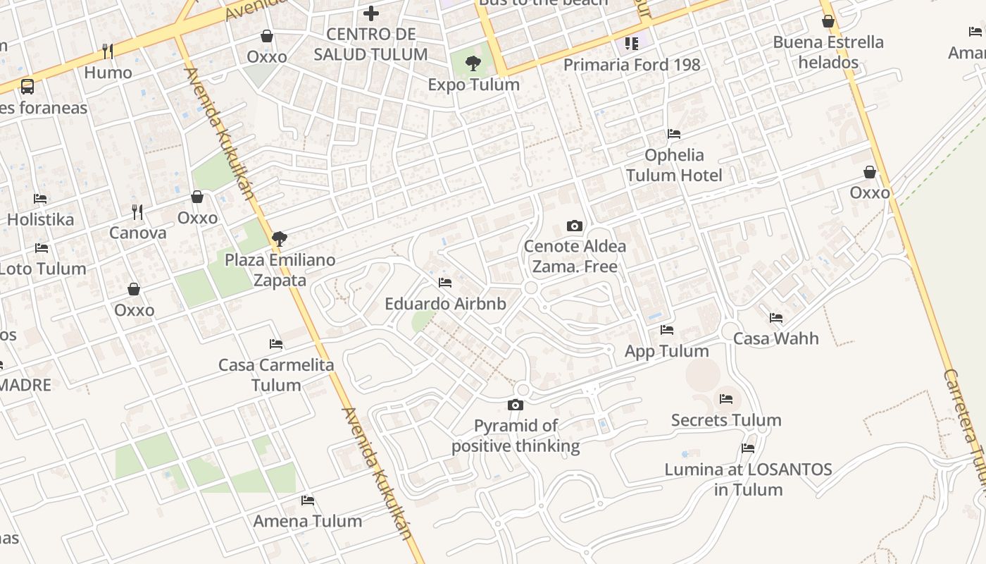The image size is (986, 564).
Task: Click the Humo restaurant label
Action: (x=108, y=73)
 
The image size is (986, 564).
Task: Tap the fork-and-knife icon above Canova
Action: (x=137, y=211)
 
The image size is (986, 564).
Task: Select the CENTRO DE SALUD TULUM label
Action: (x=370, y=44)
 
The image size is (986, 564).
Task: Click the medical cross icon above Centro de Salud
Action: (x=371, y=13)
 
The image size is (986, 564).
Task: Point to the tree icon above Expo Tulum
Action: (x=473, y=64)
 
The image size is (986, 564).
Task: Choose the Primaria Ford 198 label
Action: (x=632, y=65)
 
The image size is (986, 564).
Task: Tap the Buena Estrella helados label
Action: (x=828, y=52)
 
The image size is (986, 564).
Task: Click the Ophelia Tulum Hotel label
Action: (x=674, y=165)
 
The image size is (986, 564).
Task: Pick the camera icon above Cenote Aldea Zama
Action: (x=575, y=226)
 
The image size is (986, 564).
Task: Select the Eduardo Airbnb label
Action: (x=445, y=304)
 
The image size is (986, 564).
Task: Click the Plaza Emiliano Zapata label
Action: (x=280, y=270)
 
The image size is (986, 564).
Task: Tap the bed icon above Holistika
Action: (x=40, y=199)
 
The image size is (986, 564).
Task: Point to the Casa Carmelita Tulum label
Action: (x=276, y=375)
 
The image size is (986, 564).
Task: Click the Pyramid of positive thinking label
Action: (x=516, y=436)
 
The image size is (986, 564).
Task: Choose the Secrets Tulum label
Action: (x=726, y=420)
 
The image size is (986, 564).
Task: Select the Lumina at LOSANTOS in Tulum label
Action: (x=748, y=479)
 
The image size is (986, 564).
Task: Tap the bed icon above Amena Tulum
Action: (x=308, y=501)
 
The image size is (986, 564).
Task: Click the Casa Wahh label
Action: (x=776, y=338)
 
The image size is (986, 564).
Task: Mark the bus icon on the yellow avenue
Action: (x=27, y=87)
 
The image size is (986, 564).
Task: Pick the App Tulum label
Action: (x=666, y=351)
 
